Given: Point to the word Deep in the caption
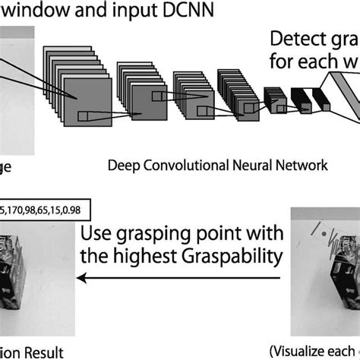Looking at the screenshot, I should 125,164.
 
